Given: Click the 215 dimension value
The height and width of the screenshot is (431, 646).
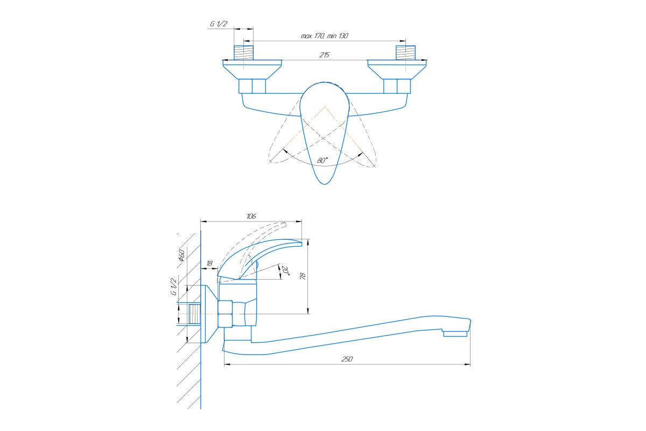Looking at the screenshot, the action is point(325,55).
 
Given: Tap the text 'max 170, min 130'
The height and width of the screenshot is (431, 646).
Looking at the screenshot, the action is point(325,36).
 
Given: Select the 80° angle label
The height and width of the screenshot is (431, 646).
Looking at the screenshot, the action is point(322,161).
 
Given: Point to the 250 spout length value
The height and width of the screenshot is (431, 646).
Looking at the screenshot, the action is point(347,359).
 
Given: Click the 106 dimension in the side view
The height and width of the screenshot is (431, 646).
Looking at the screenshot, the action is point(251,216).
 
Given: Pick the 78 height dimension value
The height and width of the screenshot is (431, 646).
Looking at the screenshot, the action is point(303,276).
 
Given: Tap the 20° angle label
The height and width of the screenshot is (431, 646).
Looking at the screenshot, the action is point(286,270).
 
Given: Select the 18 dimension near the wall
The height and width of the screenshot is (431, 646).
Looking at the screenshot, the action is point(209,263).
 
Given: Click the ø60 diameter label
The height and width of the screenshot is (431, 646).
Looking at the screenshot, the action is point(182,255).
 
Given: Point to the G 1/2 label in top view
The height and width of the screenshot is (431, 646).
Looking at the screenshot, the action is point(219,24).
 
